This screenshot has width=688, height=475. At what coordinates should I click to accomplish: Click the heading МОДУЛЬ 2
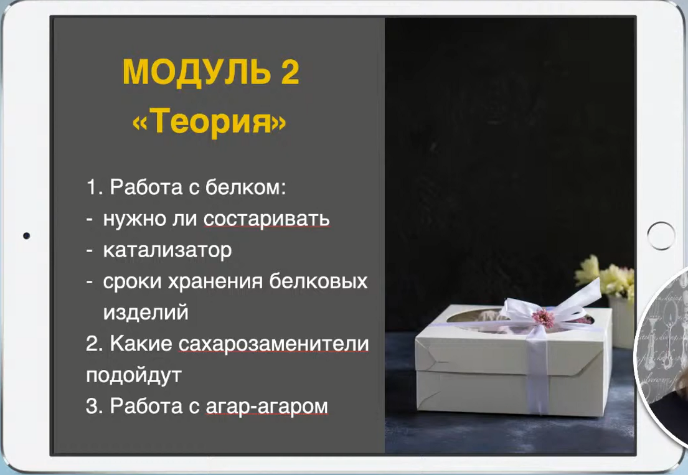(210, 73)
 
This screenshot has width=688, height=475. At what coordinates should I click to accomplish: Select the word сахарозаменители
(273, 344)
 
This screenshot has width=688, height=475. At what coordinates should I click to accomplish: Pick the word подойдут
(133, 375)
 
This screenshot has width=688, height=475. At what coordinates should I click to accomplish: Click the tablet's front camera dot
(26, 236)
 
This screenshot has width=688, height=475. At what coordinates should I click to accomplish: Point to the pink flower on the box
(543, 317)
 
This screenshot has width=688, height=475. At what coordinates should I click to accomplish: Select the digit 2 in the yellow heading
(288, 73)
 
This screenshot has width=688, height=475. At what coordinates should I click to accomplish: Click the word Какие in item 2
(141, 344)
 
